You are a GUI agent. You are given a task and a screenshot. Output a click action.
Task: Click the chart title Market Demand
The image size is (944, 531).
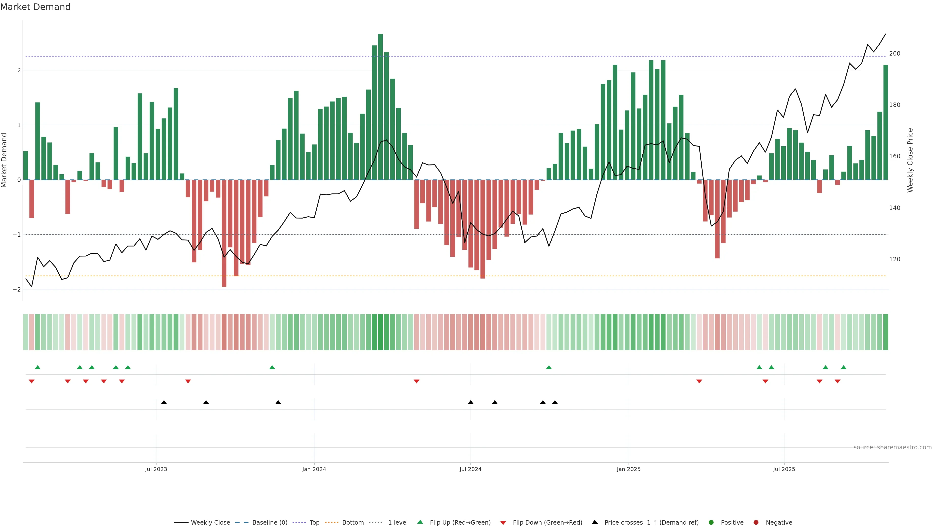coord(35,7)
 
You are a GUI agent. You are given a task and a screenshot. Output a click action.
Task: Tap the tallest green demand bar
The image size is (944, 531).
coord(380,106)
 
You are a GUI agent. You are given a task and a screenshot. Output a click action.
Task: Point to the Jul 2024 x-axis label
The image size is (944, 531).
coord(470,469)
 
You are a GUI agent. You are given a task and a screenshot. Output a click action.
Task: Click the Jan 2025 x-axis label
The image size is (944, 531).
coord(629,469)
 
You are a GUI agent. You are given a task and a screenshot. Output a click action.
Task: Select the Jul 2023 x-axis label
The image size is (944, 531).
coord(156,469)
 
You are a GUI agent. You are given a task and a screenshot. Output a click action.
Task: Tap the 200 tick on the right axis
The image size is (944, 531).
coord(895,54)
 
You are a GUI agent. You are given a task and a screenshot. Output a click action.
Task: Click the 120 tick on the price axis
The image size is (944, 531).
coord(895,259)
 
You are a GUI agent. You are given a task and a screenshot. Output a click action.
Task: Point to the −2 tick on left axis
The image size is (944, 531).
coord(17,290)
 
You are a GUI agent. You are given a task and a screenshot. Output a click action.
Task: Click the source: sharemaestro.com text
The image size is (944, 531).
coord(892,447)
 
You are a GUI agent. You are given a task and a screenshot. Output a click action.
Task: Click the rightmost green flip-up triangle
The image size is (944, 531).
coord(844,367)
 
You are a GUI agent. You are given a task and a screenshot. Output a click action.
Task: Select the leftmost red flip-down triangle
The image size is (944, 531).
coord(31,382)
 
